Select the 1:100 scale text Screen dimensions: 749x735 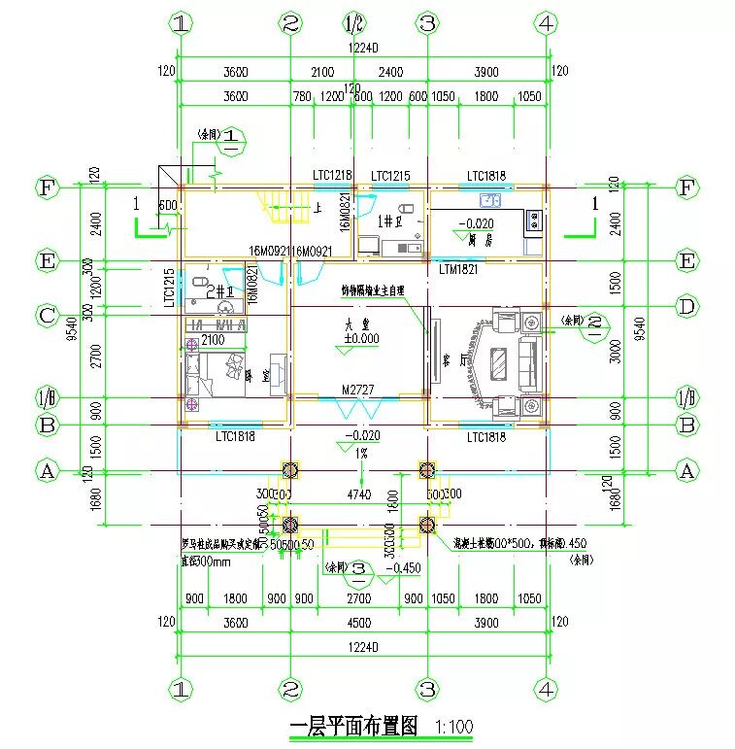(x=454, y=727)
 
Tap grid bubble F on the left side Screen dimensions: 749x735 (x=47, y=187)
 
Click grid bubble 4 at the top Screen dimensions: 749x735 (x=547, y=23)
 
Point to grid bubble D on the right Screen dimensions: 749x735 (x=687, y=309)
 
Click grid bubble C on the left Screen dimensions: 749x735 (x=47, y=315)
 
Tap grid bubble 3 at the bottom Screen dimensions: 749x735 (x=425, y=689)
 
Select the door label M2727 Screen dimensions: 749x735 (x=357, y=391)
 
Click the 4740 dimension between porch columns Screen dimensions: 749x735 (x=359, y=494)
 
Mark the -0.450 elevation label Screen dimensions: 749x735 (x=405, y=568)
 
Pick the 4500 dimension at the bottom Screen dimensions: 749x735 (x=357, y=622)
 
